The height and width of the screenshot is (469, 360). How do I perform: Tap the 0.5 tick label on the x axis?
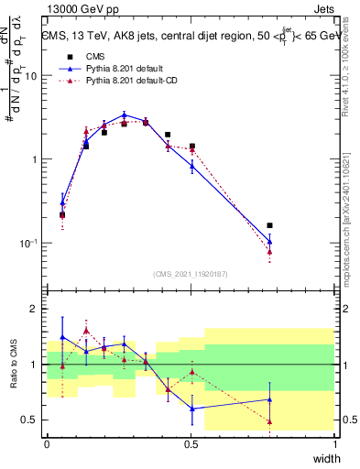coord(191,444)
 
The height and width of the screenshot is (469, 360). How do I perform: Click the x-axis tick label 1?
coord(335,444)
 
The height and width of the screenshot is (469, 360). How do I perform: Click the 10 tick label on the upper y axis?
coord(31,76)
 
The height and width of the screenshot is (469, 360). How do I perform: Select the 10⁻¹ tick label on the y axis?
coord(28,244)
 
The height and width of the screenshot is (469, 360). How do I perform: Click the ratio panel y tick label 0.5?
coord(32,420)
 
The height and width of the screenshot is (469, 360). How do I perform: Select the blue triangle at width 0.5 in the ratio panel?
coord(191,409)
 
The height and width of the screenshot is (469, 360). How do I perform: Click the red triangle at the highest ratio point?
coord(86,331)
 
